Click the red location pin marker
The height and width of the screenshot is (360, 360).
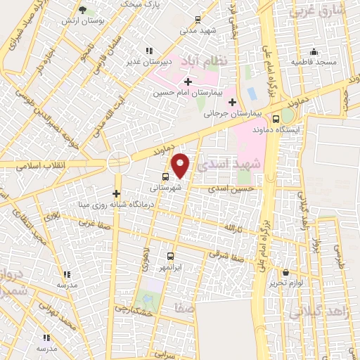181,165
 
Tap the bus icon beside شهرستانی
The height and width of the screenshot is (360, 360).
165,177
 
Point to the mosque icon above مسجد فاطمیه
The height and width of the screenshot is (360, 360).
314,51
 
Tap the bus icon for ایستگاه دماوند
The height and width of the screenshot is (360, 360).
276,119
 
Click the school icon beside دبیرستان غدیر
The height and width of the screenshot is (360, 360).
148,50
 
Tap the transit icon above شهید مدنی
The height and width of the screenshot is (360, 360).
198,20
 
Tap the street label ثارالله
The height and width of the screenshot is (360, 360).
233,228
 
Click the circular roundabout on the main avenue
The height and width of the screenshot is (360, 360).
118,163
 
